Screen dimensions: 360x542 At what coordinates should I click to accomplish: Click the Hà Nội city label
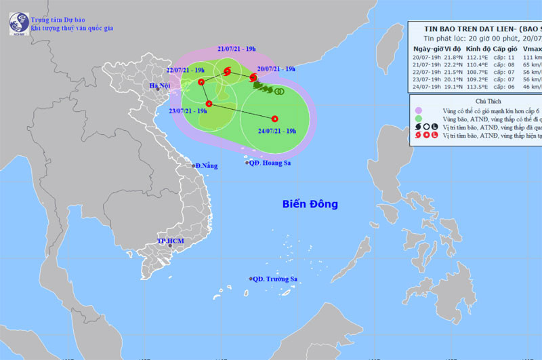click(161, 85)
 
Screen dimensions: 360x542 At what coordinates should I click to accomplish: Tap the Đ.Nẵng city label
click(206, 165)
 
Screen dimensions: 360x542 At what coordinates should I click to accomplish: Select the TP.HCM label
click(171, 241)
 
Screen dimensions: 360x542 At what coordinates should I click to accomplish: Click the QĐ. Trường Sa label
click(276, 279)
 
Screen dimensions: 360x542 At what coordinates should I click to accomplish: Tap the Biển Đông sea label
click(310, 204)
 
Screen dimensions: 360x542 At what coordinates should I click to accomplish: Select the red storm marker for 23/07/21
click(209, 104)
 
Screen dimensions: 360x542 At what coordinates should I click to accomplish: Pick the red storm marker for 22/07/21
click(202, 81)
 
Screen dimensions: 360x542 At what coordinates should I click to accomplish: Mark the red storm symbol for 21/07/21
click(228, 71)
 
